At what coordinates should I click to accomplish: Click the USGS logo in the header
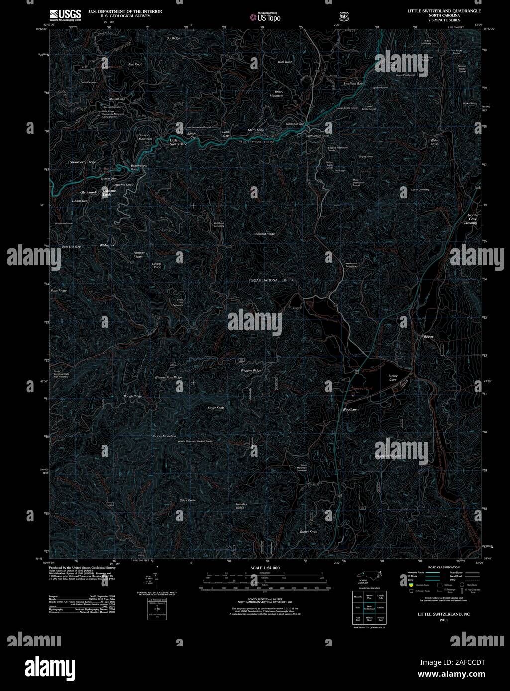(x=65, y=15)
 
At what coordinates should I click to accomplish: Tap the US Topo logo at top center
(x=265, y=17)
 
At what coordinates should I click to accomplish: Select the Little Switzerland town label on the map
(x=178, y=142)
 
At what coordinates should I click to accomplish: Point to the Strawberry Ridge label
(x=83, y=162)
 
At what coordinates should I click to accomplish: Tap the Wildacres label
(x=106, y=245)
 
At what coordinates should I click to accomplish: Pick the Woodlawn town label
(x=350, y=409)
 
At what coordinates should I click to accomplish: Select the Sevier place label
(x=429, y=337)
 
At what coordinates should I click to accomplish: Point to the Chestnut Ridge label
(x=264, y=234)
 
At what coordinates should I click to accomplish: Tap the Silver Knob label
(x=216, y=408)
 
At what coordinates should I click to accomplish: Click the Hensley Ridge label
(x=240, y=506)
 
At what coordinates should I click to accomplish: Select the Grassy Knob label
(x=308, y=532)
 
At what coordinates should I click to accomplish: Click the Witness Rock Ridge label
(x=168, y=378)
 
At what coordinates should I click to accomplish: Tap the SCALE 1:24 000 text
(x=265, y=568)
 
